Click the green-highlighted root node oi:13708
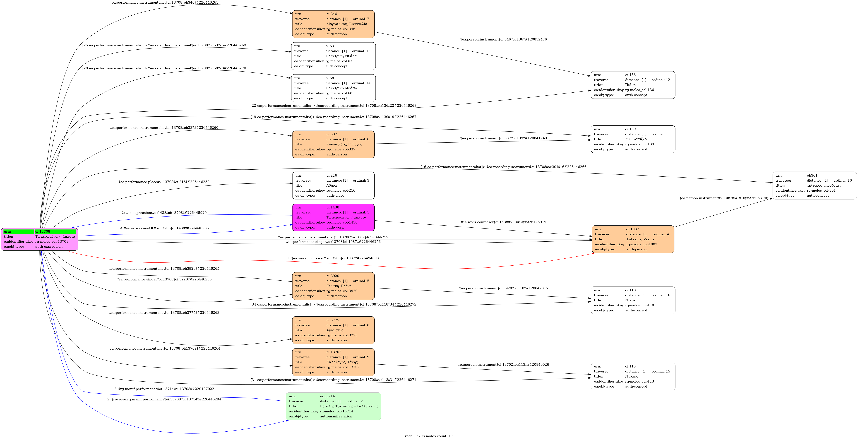[39, 239]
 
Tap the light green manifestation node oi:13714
[333, 406]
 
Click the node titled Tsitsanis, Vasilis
[633, 239]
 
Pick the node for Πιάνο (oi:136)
[633, 85]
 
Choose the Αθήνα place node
[333, 186]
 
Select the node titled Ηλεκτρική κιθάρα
[333, 56]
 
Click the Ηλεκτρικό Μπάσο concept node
[333, 88]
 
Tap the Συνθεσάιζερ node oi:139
[633, 139]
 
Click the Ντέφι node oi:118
[633, 300]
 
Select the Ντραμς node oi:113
[633, 376]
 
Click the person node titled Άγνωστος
[333, 330]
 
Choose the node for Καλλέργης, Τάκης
[333, 362]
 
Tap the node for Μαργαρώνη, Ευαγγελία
[333, 24]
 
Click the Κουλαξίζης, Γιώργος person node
[333, 144]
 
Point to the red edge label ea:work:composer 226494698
[333, 258]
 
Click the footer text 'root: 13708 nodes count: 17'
[429, 436]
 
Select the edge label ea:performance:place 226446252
[164, 182]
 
